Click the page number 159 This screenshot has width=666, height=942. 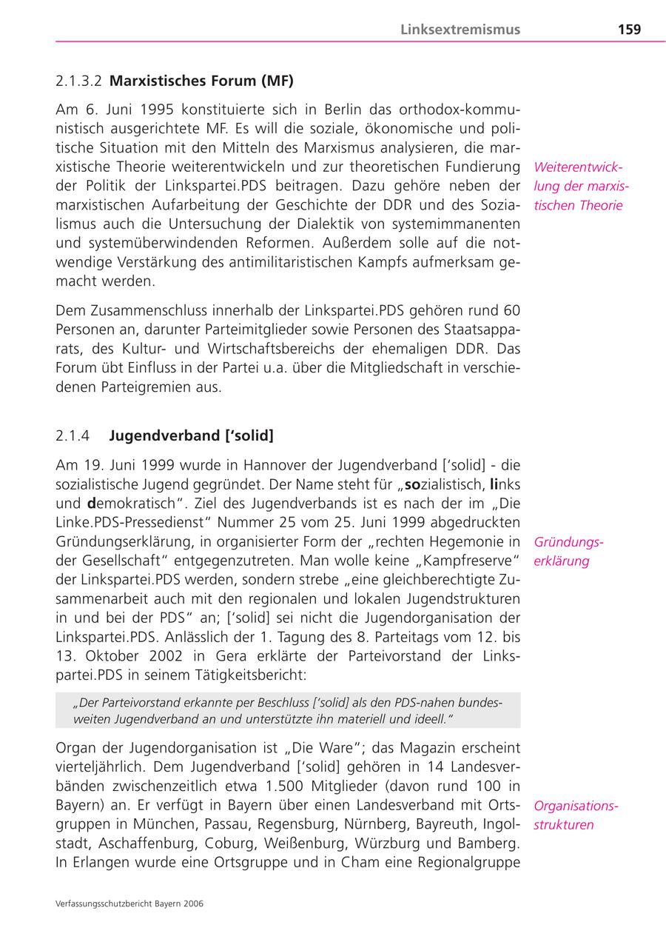(629, 30)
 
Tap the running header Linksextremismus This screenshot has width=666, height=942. (460, 30)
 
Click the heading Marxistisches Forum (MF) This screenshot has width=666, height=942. (201, 80)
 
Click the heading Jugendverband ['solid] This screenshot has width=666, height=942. (191, 436)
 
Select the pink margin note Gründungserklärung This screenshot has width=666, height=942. (568, 552)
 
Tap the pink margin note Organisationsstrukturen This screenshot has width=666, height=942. (576, 815)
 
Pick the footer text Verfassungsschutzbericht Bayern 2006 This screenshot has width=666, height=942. (129, 903)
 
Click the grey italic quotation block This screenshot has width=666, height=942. (288, 710)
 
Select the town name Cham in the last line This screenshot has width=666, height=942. (361, 863)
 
